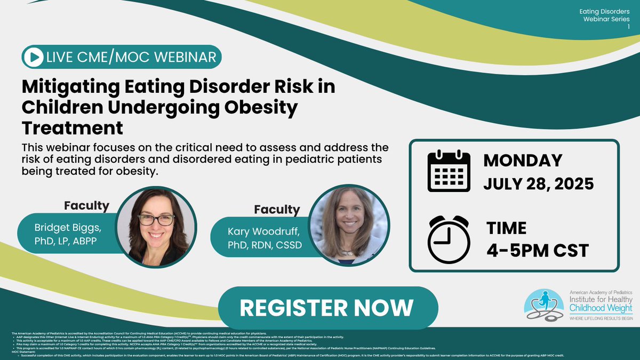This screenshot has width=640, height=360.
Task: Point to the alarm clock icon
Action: click(447, 238)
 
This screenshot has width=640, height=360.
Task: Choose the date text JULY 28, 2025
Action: click(539, 184)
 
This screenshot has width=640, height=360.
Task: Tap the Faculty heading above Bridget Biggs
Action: click(86, 205)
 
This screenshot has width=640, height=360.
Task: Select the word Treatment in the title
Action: click(73, 127)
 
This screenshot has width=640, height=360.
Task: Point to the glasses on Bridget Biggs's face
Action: click(156, 220)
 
